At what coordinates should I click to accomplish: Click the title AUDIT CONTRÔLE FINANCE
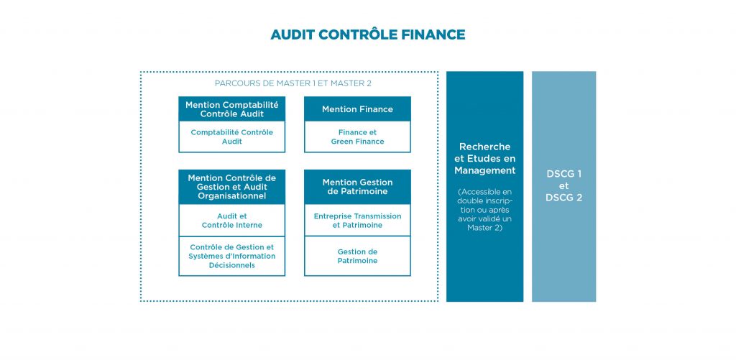click(x=367, y=34)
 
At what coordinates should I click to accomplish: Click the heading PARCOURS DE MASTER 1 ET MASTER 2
click(x=293, y=83)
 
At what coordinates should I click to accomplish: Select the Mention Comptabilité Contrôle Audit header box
click(x=232, y=109)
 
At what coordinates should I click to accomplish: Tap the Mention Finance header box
click(x=358, y=109)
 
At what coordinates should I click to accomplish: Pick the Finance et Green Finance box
click(x=358, y=137)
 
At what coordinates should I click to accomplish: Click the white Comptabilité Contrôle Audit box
click(x=232, y=137)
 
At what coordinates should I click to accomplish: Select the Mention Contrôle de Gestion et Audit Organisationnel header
click(x=232, y=187)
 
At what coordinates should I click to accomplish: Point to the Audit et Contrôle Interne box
click(x=232, y=221)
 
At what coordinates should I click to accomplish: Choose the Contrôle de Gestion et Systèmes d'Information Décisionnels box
click(x=232, y=257)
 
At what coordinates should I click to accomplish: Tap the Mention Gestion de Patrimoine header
click(x=358, y=187)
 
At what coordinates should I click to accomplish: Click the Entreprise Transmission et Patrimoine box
click(x=358, y=221)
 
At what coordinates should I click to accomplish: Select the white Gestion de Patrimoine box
click(x=358, y=257)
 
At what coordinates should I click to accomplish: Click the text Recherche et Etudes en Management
click(x=485, y=159)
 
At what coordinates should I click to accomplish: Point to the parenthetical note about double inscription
click(x=485, y=210)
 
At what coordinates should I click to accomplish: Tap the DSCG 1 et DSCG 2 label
click(x=563, y=186)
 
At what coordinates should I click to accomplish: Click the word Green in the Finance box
click(x=341, y=142)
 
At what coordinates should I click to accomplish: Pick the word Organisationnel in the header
click(x=232, y=196)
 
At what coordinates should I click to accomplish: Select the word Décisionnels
click(x=232, y=265)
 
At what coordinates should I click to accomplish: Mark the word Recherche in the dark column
click(x=485, y=147)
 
